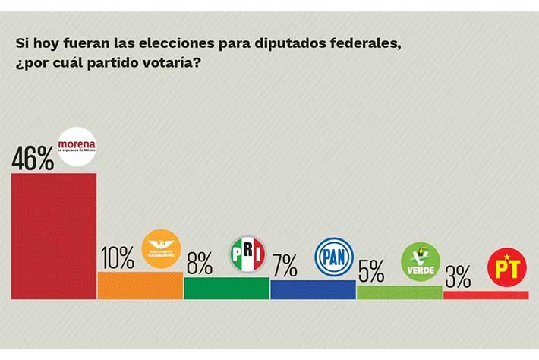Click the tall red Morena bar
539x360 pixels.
click(x=53, y=235)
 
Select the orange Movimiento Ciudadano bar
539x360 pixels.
click(x=140, y=285)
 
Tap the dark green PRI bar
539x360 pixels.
click(x=226, y=288)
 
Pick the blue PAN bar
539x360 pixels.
click(x=312, y=289)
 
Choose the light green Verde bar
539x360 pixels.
click(x=399, y=292)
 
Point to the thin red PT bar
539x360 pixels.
click(x=485, y=295)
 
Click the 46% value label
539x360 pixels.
click(x=32, y=158)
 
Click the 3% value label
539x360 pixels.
click(x=458, y=276)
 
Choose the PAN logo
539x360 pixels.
click(x=335, y=257)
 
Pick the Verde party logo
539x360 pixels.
click(x=421, y=262)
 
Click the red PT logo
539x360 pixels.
click(x=506, y=267)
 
